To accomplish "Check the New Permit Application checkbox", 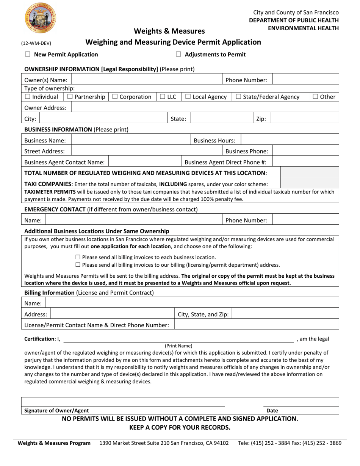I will tap(27, 54).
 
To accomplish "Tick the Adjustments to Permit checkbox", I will tap(178, 54).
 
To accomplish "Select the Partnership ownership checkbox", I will tap(70, 97).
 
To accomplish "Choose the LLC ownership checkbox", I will tap(162, 97).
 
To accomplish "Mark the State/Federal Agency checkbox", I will tap(238, 97).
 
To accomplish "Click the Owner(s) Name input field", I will tap(146, 80).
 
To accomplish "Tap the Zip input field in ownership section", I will tap(304, 119).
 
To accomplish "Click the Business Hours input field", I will tap(290, 140).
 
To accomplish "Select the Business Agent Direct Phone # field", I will tap(305, 162).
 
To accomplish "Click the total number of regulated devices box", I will tap(309, 173).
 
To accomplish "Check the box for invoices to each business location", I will tap(78, 257).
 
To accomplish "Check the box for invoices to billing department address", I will tap(78, 265).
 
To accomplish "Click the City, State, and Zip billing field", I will tap(285, 314).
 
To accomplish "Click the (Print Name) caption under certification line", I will tap(178, 346).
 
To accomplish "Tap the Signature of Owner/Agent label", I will tap(57, 410).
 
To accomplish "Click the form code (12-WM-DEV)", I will tap(36, 43).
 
